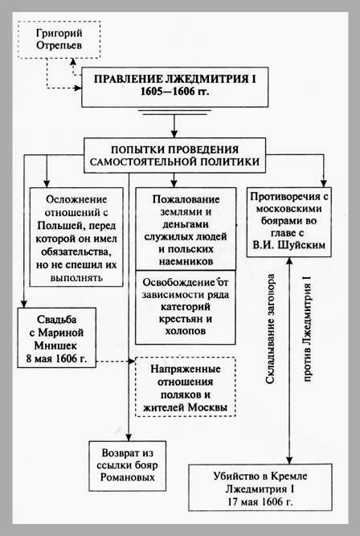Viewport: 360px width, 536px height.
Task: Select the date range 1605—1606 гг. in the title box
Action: pyautogui.click(x=174, y=92)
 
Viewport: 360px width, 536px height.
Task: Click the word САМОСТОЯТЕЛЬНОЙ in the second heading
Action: pyautogui.click(x=145, y=162)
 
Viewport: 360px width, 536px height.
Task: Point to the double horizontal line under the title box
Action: pyautogui.click(x=174, y=113)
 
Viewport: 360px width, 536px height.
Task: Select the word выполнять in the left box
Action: pyautogui.click(x=76, y=277)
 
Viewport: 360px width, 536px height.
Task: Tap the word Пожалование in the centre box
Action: pyautogui.click(x=186, y=199)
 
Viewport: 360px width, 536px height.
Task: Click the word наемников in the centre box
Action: pyautogui.click(x=186, y=261)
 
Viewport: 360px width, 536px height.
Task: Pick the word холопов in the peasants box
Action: pyautogui.click(x=186, y=331)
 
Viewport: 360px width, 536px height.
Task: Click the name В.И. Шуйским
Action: pyautogui.click(x=289, y=245)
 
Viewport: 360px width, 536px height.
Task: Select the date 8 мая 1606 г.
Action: pyautogui.click(x=57, y=358)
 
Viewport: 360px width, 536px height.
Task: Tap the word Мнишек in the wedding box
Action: pyautogui.click(x=57, y=346)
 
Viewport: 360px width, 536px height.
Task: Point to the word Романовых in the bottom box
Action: pyautogui.click(x=128, y=477)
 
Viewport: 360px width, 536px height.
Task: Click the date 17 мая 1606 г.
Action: pyautogui.click(x=260, y=501)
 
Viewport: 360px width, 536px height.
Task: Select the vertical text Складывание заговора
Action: pyautogui.click(x=270, y=329)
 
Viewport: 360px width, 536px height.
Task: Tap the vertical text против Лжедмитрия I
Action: pyautogui.click(x=307, y=328)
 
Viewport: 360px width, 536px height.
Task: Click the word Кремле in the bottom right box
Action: pyautogui.click(x=289, y=476)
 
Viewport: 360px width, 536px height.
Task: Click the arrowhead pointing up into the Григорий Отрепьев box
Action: pyautogui.click(x=72, y=61)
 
